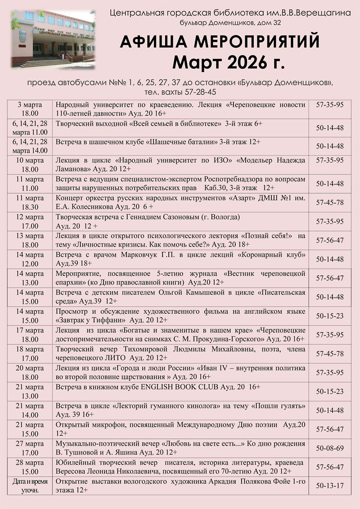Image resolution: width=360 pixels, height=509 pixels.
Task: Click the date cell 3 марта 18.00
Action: click(x=27, y=108)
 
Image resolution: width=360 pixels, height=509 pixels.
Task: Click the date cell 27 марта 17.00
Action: click(x=27, y=448)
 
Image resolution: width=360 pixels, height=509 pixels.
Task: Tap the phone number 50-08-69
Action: click(x=330, y=448)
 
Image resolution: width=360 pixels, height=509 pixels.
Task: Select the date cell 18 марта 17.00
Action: click(x=27, y=354)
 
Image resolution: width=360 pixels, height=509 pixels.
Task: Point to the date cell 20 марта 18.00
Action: click(x=27, y=372)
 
